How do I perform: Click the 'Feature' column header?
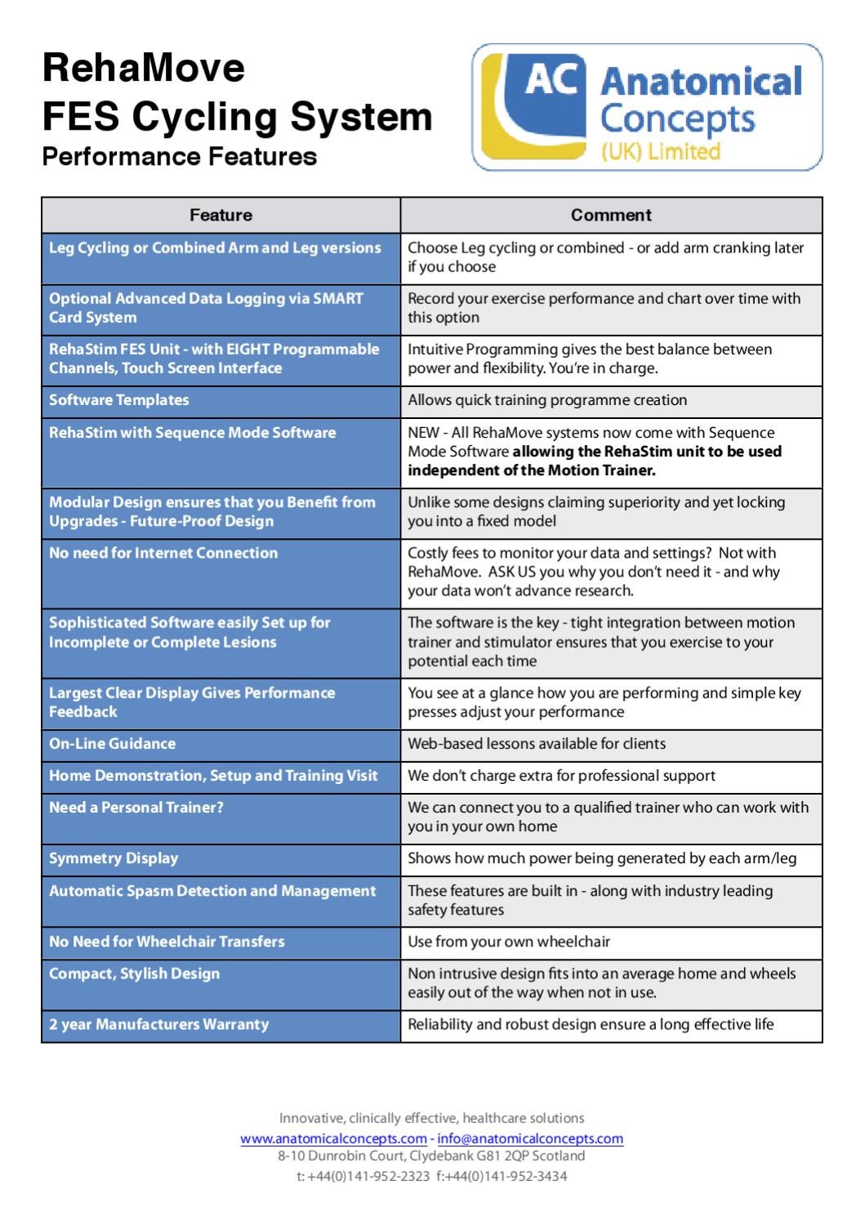pyautogui.click(x=221, y=216)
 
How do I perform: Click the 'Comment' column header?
pyautogui.click(x=611, y=216)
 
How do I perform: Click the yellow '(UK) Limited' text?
pyautogui.click(x=660, y=152)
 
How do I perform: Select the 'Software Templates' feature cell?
pyautogui.click(x=119, y=400)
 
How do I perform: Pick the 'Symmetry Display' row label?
pyautogui.click(x=114, y=858)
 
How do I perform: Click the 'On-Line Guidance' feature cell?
pyautogui.click(x=113, y=744)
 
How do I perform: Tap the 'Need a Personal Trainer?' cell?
pyautogui.click(x=136, y=808)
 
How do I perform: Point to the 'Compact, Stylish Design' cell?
pyautogui.click(x=135, y=973)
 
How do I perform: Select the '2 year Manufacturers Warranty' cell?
pyautogui.click(x=159, y=1024)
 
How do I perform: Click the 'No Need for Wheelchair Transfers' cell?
pyautogui.click(x=167, y=942)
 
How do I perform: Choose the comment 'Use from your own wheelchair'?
pyautogui.click(x=509, y=942)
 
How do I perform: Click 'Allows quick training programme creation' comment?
pyautogui.click(x=547, y=400)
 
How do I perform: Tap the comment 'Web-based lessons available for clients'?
pyautogui.click(x=537, y=744)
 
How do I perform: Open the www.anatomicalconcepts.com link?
pyautogui.click(x=333, y=1138)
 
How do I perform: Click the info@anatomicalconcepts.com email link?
pyautogui.click(x=530, y=1138)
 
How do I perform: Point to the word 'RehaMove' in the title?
pyautogui.click(x=144, y=67)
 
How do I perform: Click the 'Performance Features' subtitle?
pyautogui.click(x=180, y=156)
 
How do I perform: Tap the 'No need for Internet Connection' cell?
pyautogui.click(x=163, y=553)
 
